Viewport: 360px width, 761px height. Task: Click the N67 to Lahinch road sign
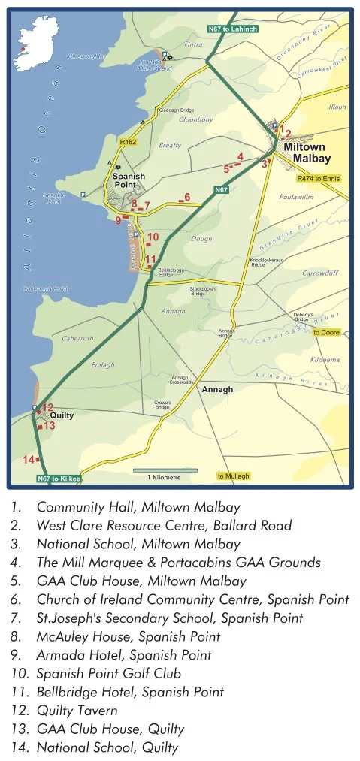pyautogui.click(x=233, y=29)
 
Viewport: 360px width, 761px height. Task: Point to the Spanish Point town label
pyautogui.click(x=128, y=180)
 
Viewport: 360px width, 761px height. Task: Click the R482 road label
pyautogui.click(x=127, y=140)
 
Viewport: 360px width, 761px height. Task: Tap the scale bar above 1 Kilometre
pyautogui.click(x=165, y=470)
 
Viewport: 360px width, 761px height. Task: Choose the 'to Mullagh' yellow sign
pyautogui.click(x=233, y=476)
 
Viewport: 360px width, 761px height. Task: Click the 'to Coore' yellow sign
pyautogui.click(x=326, y=332)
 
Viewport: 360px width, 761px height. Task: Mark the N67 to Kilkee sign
pyautogui.click(x=58, y=479)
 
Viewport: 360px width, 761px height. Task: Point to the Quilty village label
pyautogui.click(x=62, y=414)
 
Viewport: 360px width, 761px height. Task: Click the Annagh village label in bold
pyautogui.click(x=217, y=390)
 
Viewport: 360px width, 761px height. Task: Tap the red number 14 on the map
pyautogui.click(x=29, y=459)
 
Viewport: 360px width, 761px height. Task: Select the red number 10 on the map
pyautogui.click(x=153, y=237)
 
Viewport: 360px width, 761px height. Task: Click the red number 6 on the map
pyautogui.click(x=187, y=197)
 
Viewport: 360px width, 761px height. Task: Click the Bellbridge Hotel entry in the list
pyautogui.click(x=129, y=692)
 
